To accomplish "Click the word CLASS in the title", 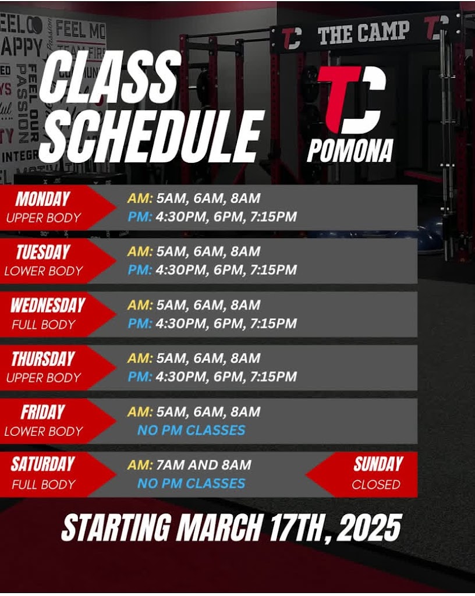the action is coord(109,79).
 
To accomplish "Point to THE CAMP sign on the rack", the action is coord(364,33).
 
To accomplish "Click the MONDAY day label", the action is coord(43,199).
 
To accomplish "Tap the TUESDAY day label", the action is coord(43,252).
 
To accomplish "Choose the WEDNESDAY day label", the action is coord(48,305).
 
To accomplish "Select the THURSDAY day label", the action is coord(42,359).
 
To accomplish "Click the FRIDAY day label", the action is coord(42,413).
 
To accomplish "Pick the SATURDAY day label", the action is coord(42,464).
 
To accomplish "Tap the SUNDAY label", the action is coord(378,464).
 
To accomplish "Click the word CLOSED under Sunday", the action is coord(376,484).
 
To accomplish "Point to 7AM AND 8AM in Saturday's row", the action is coord(204,464).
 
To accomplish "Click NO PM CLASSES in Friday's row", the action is coord(191,430).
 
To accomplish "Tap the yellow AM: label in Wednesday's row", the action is coord(140,305).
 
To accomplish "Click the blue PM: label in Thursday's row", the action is coord(140,377).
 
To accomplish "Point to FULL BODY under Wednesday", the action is coord(43,325).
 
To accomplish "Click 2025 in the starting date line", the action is coord(368,527).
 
